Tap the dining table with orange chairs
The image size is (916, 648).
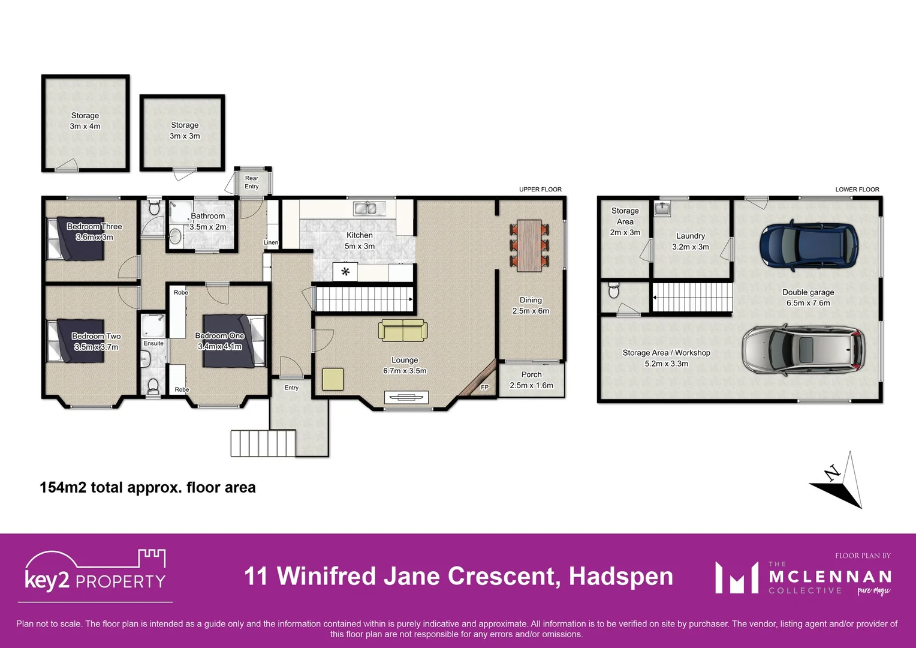click(529, 245)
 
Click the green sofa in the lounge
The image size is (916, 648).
click(403, 330)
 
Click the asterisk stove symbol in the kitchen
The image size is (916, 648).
click(345, 272)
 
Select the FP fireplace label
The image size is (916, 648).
click(484, 388)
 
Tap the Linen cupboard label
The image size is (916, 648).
click(271, 242)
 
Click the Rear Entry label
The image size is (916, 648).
click(252, 182)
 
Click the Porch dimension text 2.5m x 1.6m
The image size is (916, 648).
click(531, 385)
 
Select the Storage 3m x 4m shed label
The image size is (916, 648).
click(85, 121)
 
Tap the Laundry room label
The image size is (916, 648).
click(691, 236)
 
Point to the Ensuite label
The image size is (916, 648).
click(153, 343)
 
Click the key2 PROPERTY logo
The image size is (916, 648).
click(95, 573)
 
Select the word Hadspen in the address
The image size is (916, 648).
click(620, 576)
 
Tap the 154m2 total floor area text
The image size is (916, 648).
click(147, 487)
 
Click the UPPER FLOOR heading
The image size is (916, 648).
click(540, 189)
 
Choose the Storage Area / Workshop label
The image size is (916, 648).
click(666, 353)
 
